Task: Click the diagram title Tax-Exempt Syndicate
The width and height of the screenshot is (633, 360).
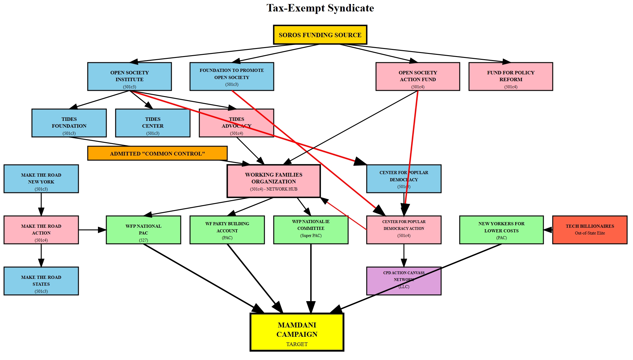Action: (x=320, y=8)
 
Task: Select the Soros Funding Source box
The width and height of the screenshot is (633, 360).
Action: (x=320, y=35)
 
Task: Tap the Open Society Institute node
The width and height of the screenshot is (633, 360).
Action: (x=129, y=77)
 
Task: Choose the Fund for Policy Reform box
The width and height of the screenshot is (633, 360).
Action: (x=511, y=77)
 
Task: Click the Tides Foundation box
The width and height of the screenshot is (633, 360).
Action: (x=69, y=123)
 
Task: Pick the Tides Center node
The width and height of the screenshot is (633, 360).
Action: (x=153, y=123)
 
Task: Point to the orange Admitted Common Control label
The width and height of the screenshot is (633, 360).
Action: (x=157, y=153)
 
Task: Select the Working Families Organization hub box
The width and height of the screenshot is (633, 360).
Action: (x=273, y=181)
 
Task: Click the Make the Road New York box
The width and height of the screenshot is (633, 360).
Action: (x=41, y=179)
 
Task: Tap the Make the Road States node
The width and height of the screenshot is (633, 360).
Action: (x=41, y=281)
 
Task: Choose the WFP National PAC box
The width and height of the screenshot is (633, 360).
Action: (x=143, y=230)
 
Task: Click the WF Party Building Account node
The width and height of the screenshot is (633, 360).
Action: (x=227, y=230)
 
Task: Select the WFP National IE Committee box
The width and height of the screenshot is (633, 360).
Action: (x=311, y=230)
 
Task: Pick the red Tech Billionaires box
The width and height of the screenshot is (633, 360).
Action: (x=590, y=230)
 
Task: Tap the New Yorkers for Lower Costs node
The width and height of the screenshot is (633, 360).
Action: (x=501, y=230)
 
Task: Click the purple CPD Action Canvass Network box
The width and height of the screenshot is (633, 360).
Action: (x=404, y=281)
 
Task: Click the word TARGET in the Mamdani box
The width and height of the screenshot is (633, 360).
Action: (x=297, y=344)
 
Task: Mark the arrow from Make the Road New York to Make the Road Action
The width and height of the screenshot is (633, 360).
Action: (x=41, y=204)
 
